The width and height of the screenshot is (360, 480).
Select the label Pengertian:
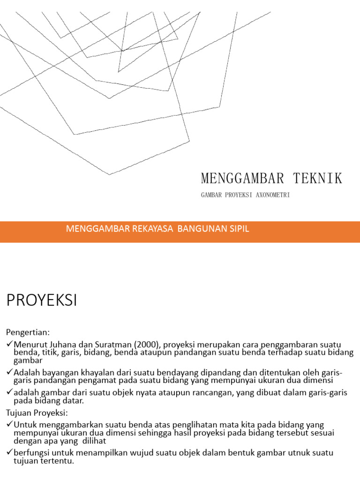(x=27, y=332)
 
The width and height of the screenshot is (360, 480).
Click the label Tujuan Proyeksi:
(x=37, y=413)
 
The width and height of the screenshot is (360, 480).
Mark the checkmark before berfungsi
(x=9, y=453)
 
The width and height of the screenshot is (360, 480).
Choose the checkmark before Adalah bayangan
(x=9, y=373)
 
